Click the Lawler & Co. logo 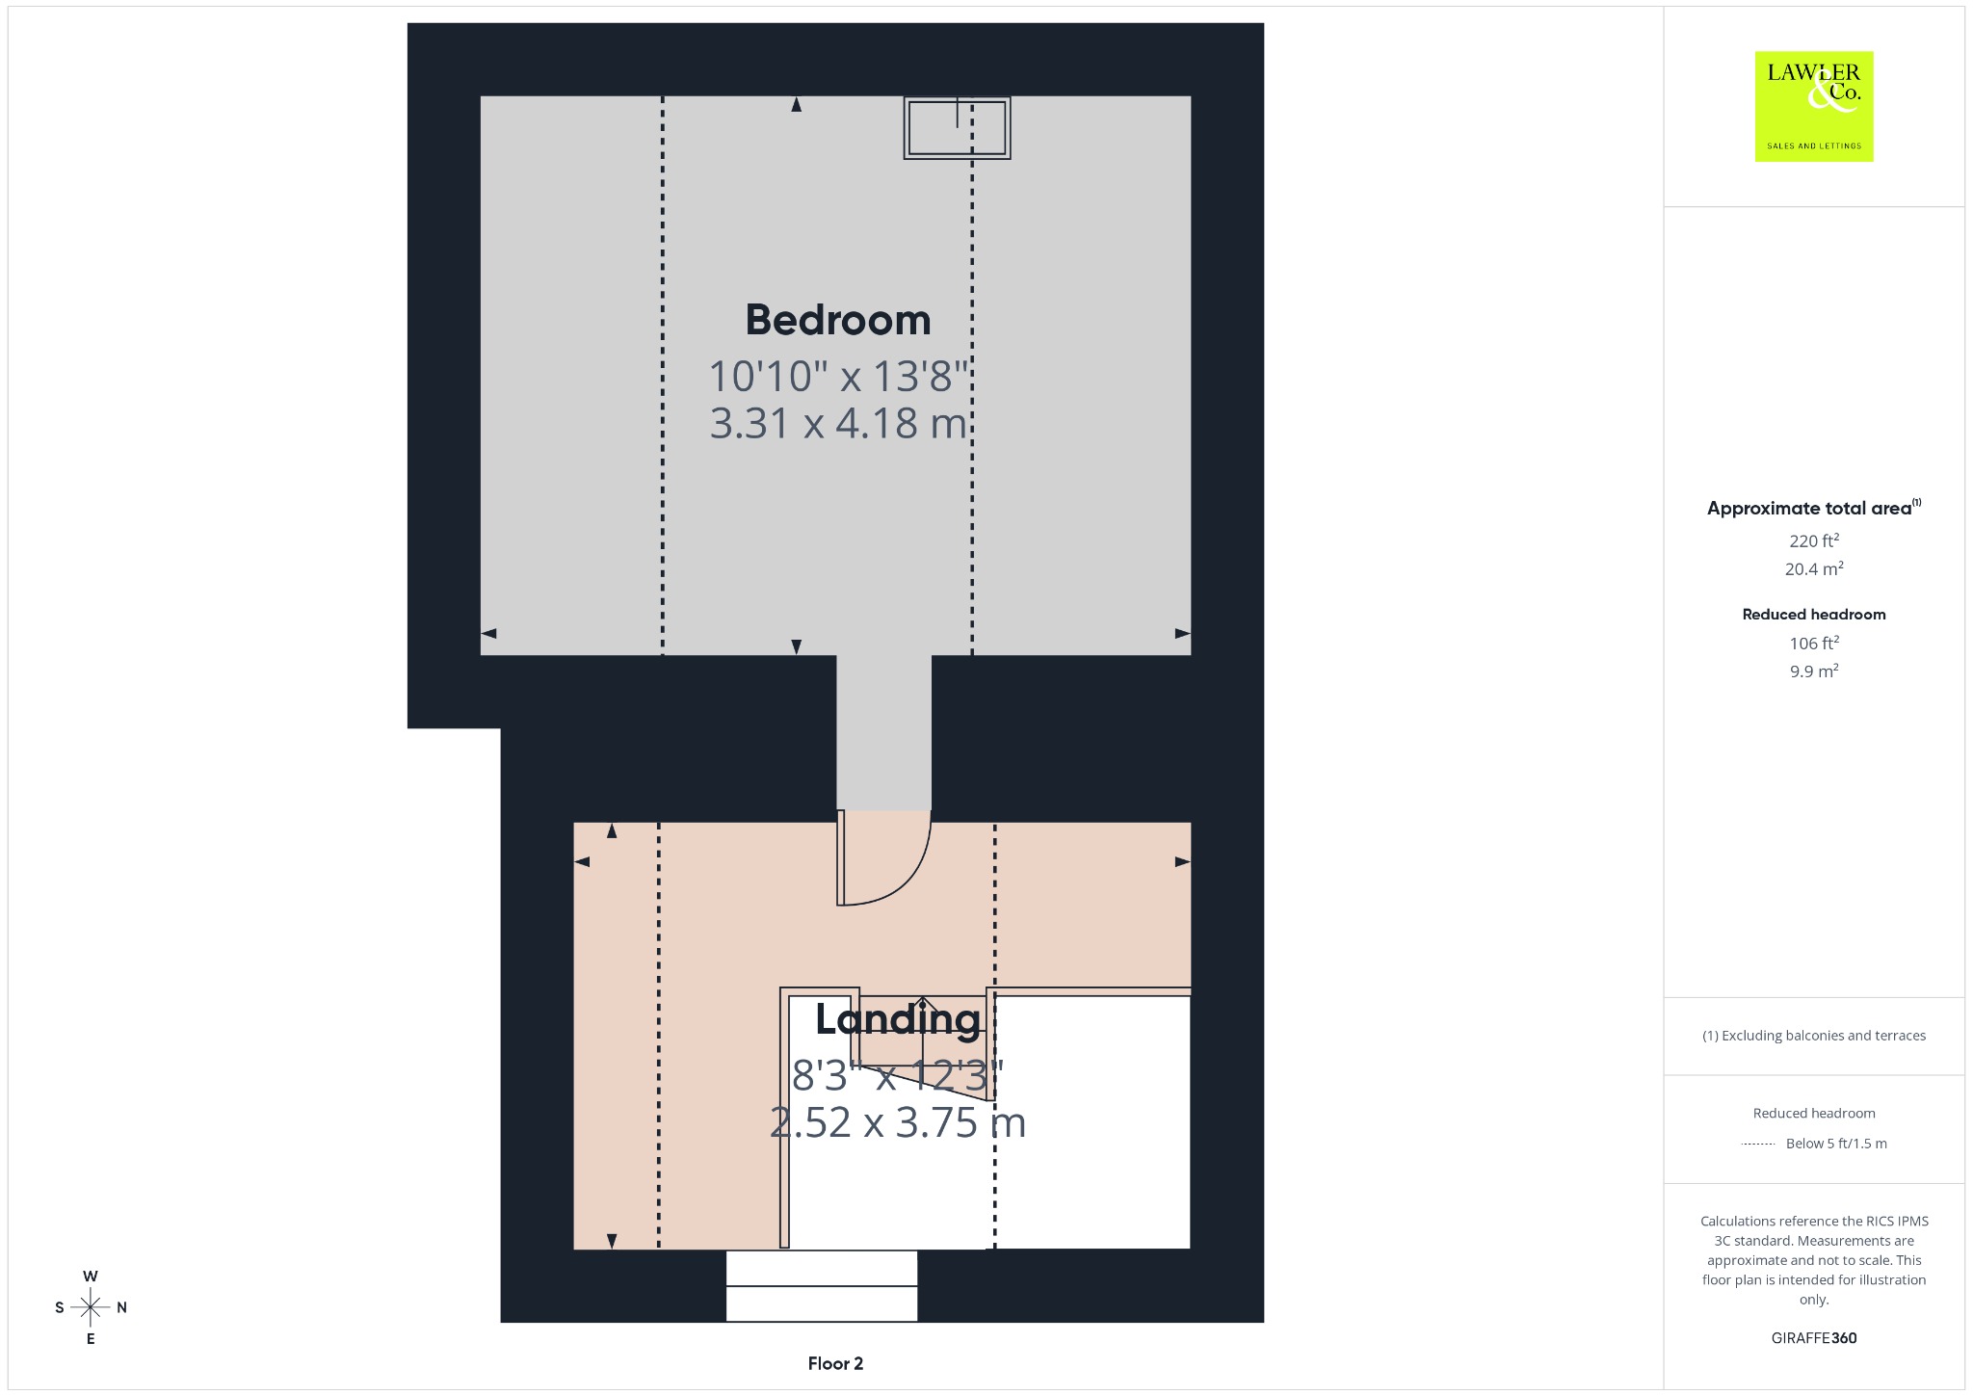tap(1813, 106)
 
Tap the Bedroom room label tap(838, 320)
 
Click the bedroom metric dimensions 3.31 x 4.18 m tap(838, 424)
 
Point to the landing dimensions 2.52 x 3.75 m tap(898, 1122)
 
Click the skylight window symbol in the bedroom tap(957, 127)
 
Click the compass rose tap(91, 1307)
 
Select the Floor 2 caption tap(835, 1363)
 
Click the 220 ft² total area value tap(1814, 540)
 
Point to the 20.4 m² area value tap(1814, 568)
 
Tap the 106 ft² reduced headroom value tap(1814, 643)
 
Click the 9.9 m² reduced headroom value tap(1814, 671)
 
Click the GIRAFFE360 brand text tap(1814, 1338)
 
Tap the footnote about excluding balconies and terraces tap(1814, 1036)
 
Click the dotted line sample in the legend tap(1758, 1144)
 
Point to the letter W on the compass tap(91, 1277)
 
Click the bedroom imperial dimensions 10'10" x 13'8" tap(838, 376)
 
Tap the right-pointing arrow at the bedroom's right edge tap(1183, 634)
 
